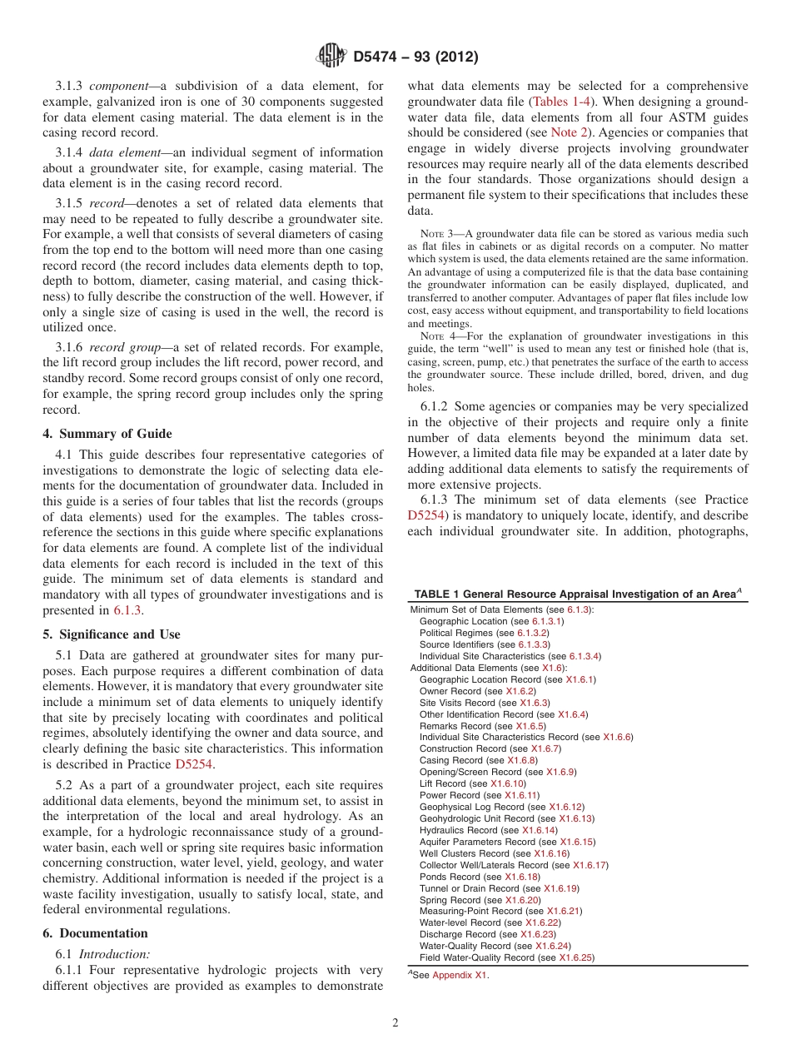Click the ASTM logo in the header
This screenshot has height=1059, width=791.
(332, 57)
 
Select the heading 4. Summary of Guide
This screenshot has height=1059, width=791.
(107, 433)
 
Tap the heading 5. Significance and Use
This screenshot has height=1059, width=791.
(112, 634)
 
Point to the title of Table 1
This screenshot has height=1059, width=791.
(577, 594)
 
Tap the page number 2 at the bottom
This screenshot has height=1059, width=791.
(395, 1023)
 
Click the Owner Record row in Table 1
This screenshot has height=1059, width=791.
(477, 691)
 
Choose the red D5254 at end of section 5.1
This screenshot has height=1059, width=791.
(192, 764)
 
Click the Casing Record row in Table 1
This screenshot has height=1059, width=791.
(478, 760)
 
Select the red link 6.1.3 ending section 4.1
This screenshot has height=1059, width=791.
(127, 610)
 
